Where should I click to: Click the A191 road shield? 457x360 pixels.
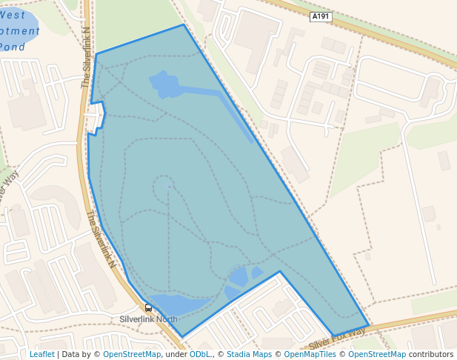(320, 16)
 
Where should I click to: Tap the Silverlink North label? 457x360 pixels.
(149, 319)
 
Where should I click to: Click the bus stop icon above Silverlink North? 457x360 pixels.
(148, 308)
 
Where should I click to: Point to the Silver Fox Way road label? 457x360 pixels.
(338, 339)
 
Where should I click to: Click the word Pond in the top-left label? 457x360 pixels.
(12, 47)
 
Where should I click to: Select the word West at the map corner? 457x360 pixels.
(12, 15)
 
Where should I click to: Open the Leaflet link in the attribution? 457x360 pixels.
(41, 354)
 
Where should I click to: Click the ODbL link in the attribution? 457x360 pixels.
(200, 354)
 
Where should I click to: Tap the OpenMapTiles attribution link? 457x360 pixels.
(310, 354)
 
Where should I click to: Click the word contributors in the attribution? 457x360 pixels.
(431, 354)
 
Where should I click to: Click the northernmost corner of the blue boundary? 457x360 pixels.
(184, 25)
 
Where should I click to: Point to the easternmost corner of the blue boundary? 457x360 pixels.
(369, 324)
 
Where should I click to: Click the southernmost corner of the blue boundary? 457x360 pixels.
(182, 338)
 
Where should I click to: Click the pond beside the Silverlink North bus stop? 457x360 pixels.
(178, 304)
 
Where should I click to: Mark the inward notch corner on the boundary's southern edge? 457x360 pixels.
(280, 271)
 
